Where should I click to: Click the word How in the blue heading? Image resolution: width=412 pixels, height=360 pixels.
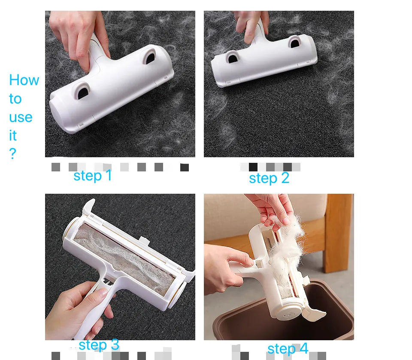(x=24, y=80)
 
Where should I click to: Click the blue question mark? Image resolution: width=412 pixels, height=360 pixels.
(x=12, y=154)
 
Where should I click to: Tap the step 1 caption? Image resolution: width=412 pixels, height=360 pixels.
(x=93, y=175)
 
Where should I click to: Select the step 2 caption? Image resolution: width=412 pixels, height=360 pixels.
(x=269, y=178)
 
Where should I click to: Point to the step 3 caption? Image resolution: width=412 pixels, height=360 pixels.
(x=99, y=345)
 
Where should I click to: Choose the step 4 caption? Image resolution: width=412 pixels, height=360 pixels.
(x=288, y=348)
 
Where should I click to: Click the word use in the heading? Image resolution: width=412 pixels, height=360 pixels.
(x=21, y=117)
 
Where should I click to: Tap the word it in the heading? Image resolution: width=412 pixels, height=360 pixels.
(x=13, y=136)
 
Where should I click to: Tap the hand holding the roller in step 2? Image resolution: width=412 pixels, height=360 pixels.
(x=251, y=24)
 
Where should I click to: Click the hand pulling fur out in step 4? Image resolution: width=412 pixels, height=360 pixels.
(x=270, y=208)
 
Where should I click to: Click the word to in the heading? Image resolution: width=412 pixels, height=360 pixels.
(x=15, y=99)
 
